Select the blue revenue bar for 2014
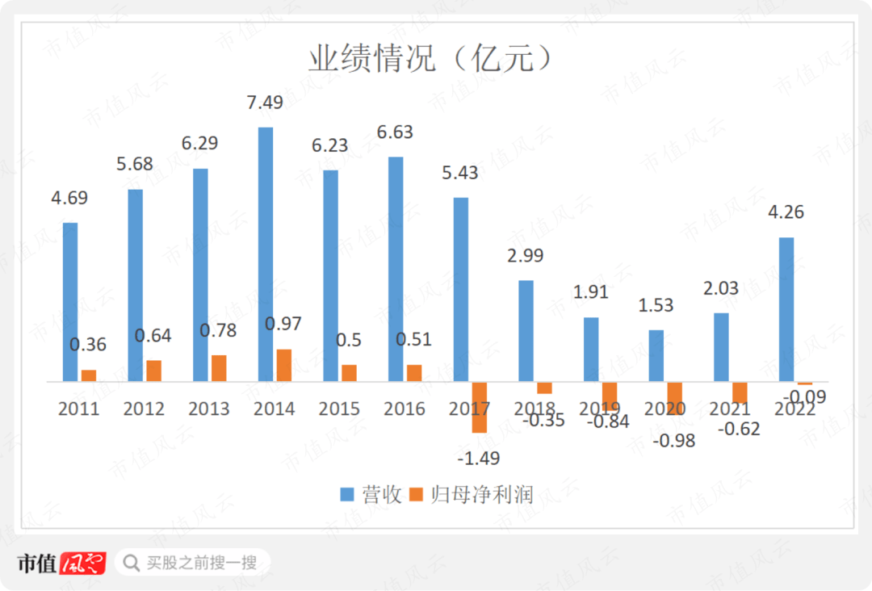pos(265,254)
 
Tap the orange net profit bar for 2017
pos(480,407)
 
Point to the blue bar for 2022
pos(786,309)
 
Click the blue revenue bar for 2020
pos(656,355)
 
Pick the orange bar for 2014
pos(283,365)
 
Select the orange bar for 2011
pos(89,375)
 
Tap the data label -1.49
pos(478,458)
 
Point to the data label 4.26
pos(785,212)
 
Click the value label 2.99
pos(525,255)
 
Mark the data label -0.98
pos(673,441)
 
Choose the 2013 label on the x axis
pos(208,409)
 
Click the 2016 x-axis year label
pos(405,409)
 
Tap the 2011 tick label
pos(78,409)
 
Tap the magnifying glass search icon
pos(130,562)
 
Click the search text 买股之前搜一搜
pos(202,562)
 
